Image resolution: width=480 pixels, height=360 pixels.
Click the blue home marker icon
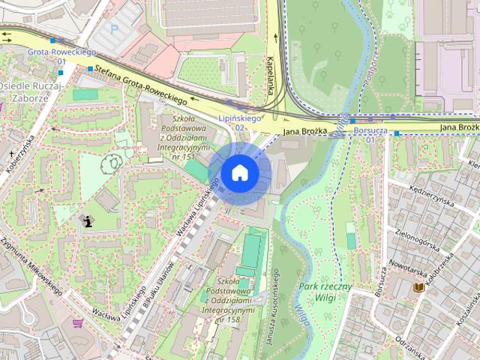pos(239,172)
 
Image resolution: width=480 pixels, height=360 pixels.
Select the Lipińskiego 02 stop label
pos(239,123)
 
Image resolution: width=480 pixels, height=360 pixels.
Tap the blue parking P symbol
pos(115,31)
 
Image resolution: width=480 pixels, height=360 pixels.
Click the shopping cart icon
pos(77,323)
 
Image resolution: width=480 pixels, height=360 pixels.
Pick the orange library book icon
pos(418,287)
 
